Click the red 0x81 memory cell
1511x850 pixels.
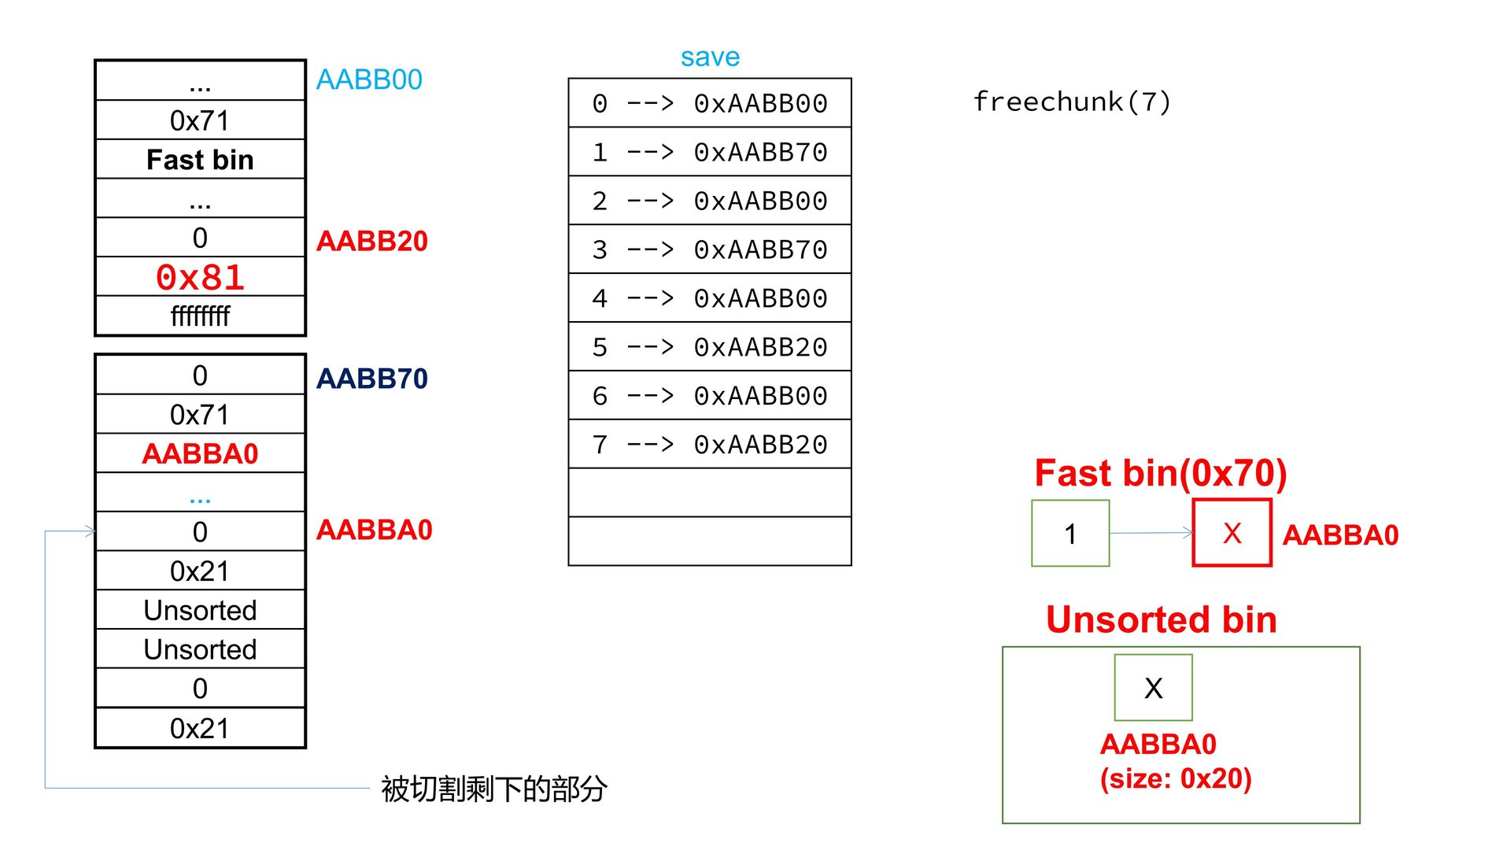click(200, 277)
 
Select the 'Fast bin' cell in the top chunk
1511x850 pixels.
click(200, 160)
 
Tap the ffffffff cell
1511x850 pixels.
click(200, 316)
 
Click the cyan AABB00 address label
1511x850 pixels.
click(369, 79)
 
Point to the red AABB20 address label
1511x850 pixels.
click(371, 241)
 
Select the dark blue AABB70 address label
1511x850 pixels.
click(371, 379)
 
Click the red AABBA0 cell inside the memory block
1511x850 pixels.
click(200, 453)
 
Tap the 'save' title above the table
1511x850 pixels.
click(710, 57)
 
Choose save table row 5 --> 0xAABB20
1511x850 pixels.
click(710, 347)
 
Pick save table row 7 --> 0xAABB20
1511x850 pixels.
click(710, 445)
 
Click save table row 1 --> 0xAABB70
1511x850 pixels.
click(710, 152)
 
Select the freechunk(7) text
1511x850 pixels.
click(1072, 102)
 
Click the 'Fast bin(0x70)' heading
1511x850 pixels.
click(1160, 473)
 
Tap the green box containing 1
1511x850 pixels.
click(1070, 534)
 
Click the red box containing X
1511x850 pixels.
click(1232, 533)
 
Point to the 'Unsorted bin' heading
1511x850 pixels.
click(1161, 619)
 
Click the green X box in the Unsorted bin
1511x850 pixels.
click(1153, 688)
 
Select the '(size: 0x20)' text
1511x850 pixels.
click(1175, 778)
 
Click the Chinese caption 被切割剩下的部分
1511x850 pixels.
click(493, 789)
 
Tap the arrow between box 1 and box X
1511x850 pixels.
click(1151, 533)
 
